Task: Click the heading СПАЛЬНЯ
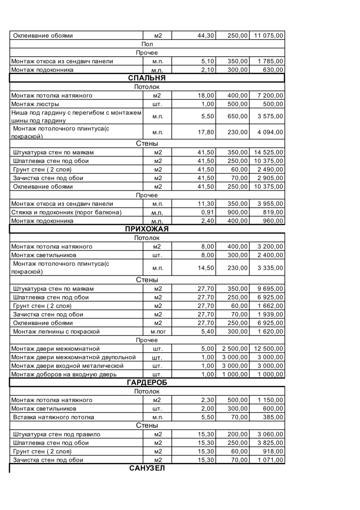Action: pyautogui.click(x=147, y=78)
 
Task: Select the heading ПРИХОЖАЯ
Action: pyautogui.click(x=147, y=229)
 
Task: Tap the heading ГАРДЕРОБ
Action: pyautogui.click(x=147, y=382)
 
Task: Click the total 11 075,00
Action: pyautogui.click(x=268, y=36)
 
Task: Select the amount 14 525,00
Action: pyautogui.click(x=268, y=152)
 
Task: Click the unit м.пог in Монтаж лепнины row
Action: pyautogui.click(x=158, y=331)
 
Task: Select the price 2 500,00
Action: pyautogui.click(x=235, y=349)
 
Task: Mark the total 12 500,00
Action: pyautogui.click(x=268, y=349)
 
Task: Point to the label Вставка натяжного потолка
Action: pyautogui.click(x=53, y=417)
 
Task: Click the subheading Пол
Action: pyautogui.click(x=147, y=44)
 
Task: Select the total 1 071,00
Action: pyautogui.click(x=270, y=460)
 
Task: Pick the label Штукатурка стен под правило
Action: pyautogui.click(x=57, y=434)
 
